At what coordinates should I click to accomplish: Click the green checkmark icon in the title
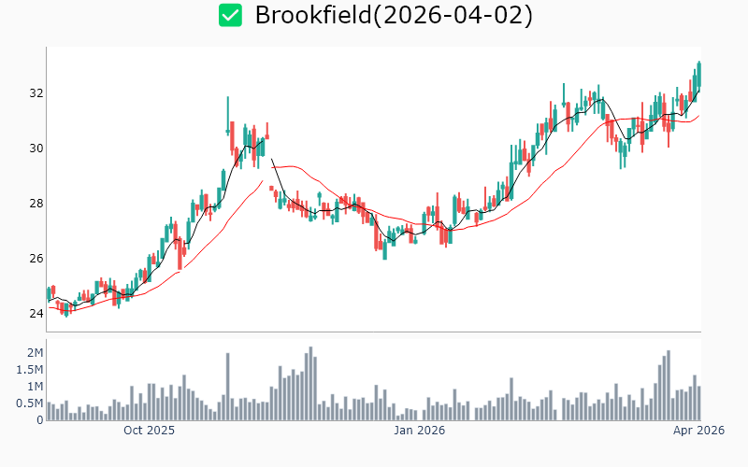pos(230,15)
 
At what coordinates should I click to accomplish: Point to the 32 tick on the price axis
pos(36,93)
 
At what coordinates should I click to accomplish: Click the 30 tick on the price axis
pos(36,149)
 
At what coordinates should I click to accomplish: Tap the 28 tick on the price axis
pos(36,204)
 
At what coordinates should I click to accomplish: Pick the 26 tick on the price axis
pos(36,259)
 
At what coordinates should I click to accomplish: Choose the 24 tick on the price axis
pos(36,314)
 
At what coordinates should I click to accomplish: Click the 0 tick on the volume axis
pos(39,420)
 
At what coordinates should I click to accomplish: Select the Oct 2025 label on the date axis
pos(150,431)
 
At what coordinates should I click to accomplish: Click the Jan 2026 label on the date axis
pos(419,431)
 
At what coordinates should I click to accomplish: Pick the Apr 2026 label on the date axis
pos(699,431)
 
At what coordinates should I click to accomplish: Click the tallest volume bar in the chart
pos(310,384)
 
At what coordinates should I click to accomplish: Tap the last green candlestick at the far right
pos(698,75)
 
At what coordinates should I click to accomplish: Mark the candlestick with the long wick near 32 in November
pos(228,117)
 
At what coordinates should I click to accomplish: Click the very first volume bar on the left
pos(49,411)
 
